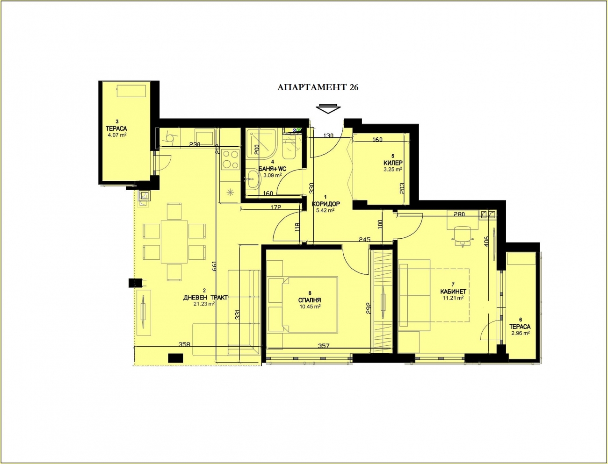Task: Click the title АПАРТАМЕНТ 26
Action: tap(318, 87)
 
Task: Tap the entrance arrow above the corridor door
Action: tap(328, 108)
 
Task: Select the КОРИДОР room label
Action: tap(326, 204)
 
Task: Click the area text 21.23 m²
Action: tap(204, 304)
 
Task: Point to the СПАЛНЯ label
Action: tap(310, 300)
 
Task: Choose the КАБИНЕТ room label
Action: tap(453, 292)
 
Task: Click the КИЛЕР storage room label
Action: tap(393, 163)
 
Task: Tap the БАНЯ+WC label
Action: tap(273, 169)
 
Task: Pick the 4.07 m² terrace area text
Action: tap(117, 135)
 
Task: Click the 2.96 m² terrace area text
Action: tap(521, 333)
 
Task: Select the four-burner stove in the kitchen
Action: tap(231, 159)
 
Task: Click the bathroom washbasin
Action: tap(253, 179)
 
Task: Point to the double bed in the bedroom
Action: tap(303, 304)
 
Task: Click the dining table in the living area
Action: tap(174, 242)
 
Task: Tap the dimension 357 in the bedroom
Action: tap(324, 346)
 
